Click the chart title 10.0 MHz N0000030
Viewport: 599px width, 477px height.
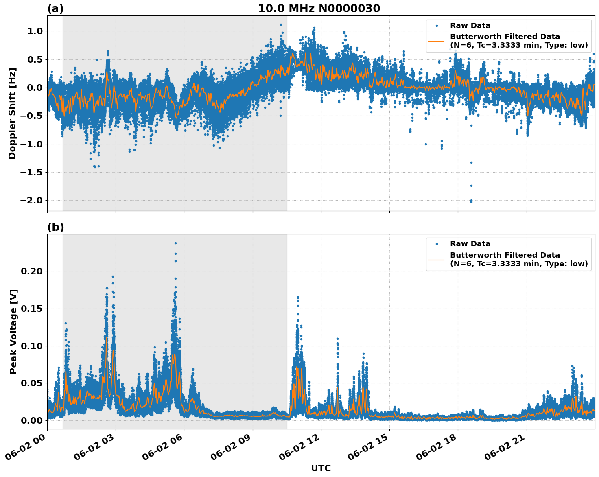tap(319, 9)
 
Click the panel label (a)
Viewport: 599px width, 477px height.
tap(55, 9)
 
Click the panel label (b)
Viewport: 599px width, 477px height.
tap(55, 227)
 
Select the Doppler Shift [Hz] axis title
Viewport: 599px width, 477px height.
tap(12, 113)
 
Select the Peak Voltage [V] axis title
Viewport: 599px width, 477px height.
tap(13, 331)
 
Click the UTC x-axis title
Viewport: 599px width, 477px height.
tap(321, 468)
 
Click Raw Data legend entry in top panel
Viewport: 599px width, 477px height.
tap(470, 26)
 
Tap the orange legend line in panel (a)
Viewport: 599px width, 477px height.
tap(436, 41)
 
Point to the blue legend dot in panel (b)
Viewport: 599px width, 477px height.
tap(436, 244)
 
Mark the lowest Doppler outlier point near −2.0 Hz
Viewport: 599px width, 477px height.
tap(471, 201)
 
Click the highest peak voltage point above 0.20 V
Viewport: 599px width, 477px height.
tap(175, 243)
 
